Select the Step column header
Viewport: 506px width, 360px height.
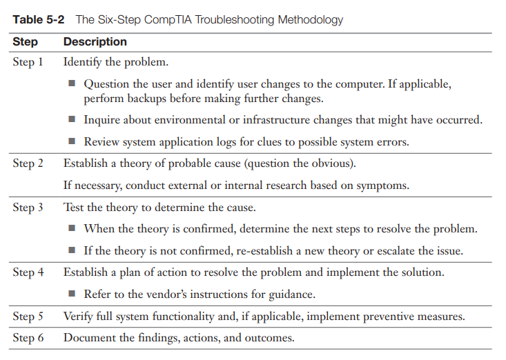pyautogui.click(x=25, y=42)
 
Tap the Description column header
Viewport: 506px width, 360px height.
pyautogui.click(x=95, y=42)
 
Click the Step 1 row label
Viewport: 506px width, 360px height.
pyautogui.click(x=28, y=62)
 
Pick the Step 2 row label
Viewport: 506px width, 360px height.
pyautogui.click(x=28, y=163)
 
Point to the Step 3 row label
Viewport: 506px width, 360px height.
pyautogui.click(x=28, y=207)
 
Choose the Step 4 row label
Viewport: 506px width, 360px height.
pyautogui.click(x=28, y=272)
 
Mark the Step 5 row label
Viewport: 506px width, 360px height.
pyautogui.click(x=28, y=317)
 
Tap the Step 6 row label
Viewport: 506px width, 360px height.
pyautogui.click(x=28, y=338)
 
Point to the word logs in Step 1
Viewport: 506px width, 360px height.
pyautogui.click(x=256, y=142)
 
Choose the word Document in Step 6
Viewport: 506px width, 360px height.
pyautogui.click(x=87, y=338)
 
